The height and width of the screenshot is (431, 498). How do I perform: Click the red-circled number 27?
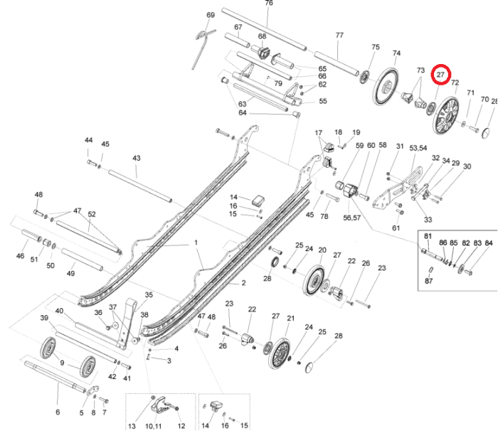click(440, 75)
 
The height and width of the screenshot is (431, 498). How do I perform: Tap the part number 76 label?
click(269, 3)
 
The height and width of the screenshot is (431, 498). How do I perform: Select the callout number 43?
click(137, 158)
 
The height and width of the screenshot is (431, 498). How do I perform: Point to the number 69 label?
click(211, 15)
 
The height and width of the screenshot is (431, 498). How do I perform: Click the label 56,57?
click(352, 218)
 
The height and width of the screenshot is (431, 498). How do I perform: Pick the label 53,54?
click(418, 148)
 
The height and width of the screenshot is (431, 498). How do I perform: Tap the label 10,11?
click(154, 426)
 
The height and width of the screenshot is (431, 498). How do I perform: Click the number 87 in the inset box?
click(428, 281)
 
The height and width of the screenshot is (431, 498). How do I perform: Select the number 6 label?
click(58, 412)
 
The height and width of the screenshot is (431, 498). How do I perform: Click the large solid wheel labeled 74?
click(386, 86)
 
